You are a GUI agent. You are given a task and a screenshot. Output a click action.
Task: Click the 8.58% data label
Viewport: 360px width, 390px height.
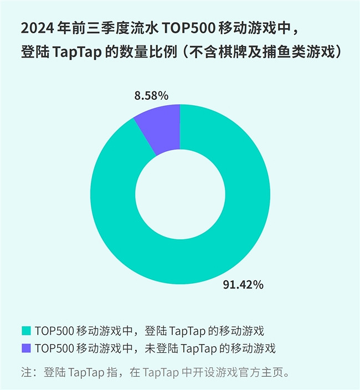pos(151,95)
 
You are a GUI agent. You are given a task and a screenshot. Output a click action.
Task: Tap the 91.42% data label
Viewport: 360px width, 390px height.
pos(243,285)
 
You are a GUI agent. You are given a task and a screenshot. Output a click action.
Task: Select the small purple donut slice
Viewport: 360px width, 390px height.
pos(161,127)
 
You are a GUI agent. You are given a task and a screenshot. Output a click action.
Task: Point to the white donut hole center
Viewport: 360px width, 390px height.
pos(180,194)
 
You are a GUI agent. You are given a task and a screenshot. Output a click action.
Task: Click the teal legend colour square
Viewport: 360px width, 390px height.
pos(25,331)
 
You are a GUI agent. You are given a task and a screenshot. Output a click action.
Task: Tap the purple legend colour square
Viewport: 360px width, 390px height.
pos(25,348)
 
